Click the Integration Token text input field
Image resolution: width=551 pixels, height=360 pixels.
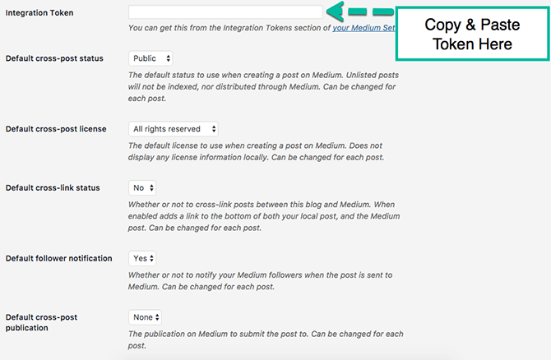pos(225,12)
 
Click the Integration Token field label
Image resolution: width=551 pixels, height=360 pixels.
pos(39,13)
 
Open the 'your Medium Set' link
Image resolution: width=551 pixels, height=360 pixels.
pos(364,28)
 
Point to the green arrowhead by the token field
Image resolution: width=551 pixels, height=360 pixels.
pos(335,12)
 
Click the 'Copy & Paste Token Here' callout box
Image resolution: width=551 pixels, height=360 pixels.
pos(472,34)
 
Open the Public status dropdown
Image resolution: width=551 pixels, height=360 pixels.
pos(150,58)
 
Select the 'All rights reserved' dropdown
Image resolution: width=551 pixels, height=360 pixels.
pos(174,129)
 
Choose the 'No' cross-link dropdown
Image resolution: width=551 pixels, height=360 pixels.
pos(142,188)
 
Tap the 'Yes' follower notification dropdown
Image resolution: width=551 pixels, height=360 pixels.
pos(142,259)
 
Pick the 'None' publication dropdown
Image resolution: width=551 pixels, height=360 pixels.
pos(145,317)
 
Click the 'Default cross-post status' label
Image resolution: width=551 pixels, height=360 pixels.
pos(54,58)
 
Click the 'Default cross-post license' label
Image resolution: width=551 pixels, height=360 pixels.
pos(56,129)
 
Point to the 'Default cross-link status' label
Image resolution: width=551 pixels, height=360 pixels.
pos(53,188)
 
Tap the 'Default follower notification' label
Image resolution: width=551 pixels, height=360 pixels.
pos(58,259)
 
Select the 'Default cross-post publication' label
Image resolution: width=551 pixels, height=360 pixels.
pos(41,322)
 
